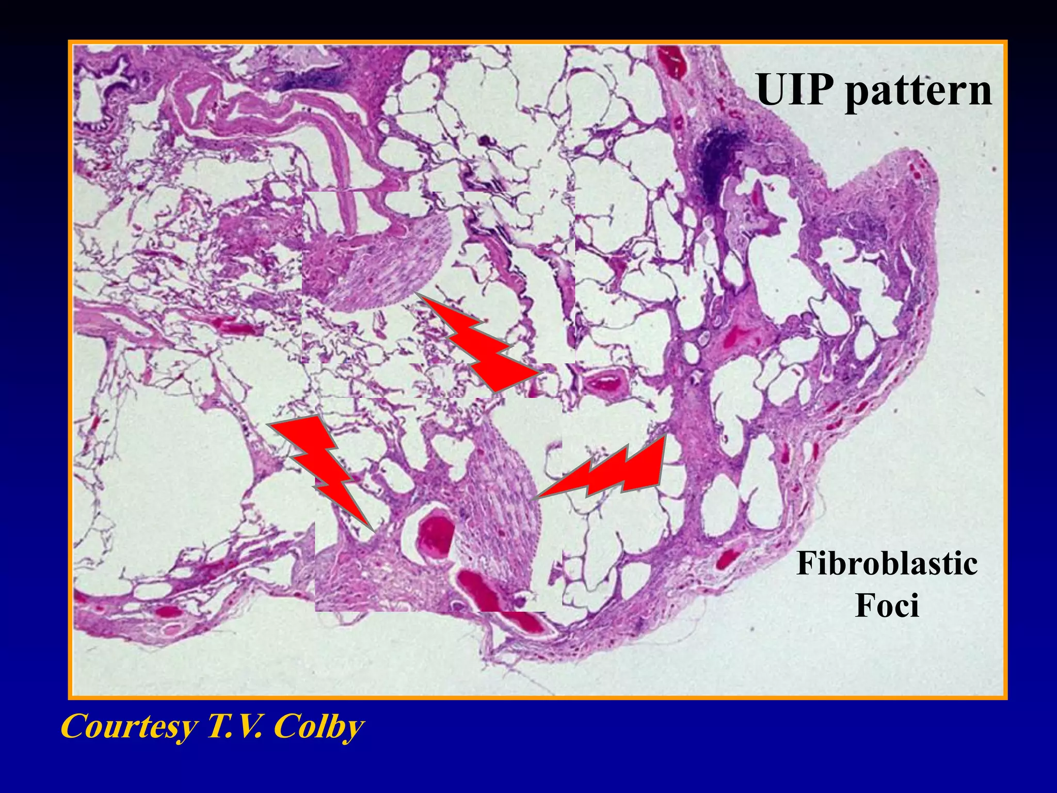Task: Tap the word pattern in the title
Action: (x=918, y=92)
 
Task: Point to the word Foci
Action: (x=887, y=605)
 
